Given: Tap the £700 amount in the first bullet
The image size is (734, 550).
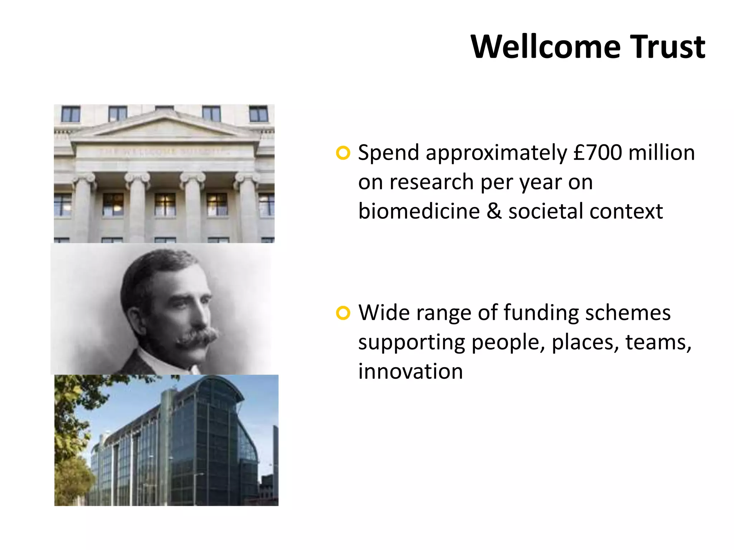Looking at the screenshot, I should [597, 153].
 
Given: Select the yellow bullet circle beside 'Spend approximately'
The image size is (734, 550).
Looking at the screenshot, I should [343, 153].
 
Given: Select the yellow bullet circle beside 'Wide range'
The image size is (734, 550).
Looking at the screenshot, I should [343, 313].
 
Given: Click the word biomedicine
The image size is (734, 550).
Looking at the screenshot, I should [419, 211].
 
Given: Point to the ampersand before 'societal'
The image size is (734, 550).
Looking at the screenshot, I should [494, 211].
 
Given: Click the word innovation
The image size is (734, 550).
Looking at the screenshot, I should [410, 371].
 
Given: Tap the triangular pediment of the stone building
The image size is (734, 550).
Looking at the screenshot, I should [165, 125].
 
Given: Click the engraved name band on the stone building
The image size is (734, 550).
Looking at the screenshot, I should [165, 151].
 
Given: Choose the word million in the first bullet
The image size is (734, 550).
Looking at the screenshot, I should [662, 153].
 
